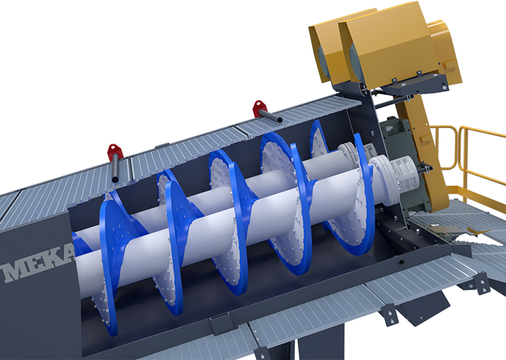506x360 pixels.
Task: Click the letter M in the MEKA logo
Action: tap(16, 271)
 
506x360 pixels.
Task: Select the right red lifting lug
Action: tap(260, 108)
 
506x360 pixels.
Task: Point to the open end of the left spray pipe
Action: tap(115, 179)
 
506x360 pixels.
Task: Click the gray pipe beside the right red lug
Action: tap(270, 116)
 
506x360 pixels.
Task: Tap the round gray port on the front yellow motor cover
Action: tap(356, 63)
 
